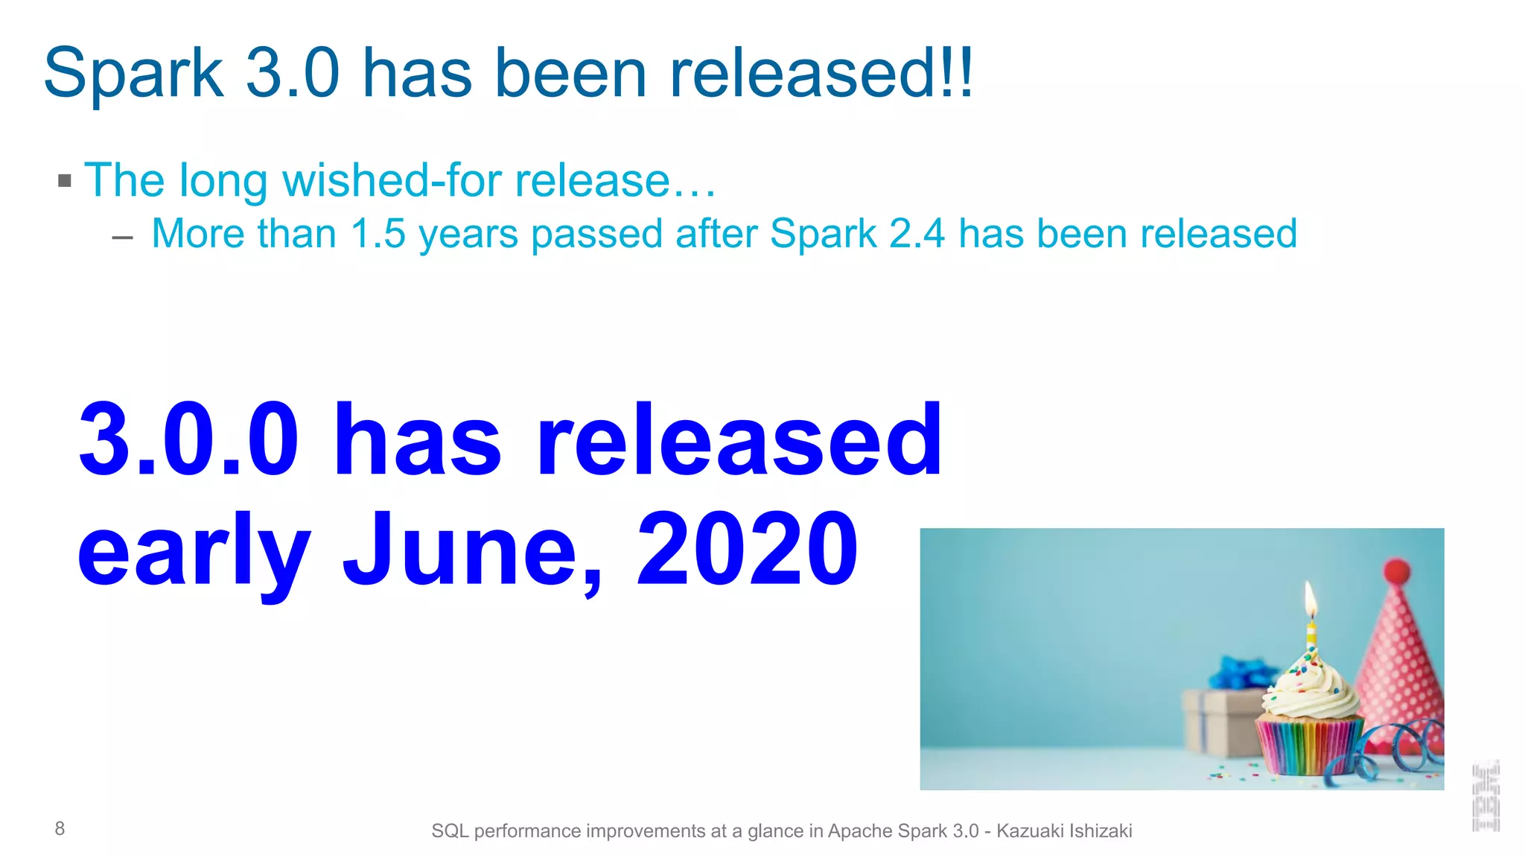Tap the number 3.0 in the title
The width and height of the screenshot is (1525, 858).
pos(293,73)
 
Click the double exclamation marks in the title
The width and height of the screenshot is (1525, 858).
pos(957,73)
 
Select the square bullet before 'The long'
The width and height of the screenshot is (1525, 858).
pos(65,181)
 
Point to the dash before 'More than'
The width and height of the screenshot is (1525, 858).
pos(122,238)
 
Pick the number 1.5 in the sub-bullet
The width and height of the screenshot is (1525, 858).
pos(378,233)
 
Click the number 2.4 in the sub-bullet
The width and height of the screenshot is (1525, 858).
pos(917,233)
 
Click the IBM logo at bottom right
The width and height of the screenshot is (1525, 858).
pos(1486,795)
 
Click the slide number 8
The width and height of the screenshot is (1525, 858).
pos(60,828)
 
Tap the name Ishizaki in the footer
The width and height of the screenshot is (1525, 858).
pos(1100,830)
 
